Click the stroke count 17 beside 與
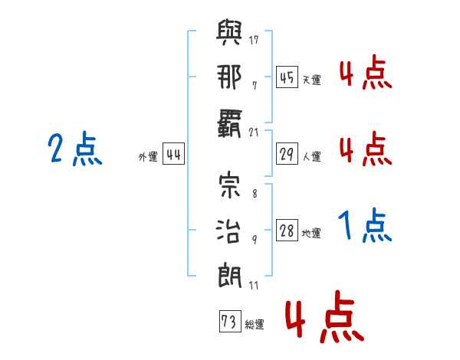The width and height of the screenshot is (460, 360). (x=255, y=40)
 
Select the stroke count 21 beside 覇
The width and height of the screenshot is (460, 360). (x=255, y=133)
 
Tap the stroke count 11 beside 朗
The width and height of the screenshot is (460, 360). (x=255, y=286)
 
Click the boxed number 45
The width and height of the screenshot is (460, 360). (x=287, y=77)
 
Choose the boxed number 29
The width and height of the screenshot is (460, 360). (x=287, y=154)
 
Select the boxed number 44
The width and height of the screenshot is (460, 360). (x=173, y=154)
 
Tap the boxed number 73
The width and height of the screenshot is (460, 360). (x=229, y=322)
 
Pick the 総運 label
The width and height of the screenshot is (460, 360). (x=254, y=325)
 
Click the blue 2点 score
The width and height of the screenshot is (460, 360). (x=75, y=149)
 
